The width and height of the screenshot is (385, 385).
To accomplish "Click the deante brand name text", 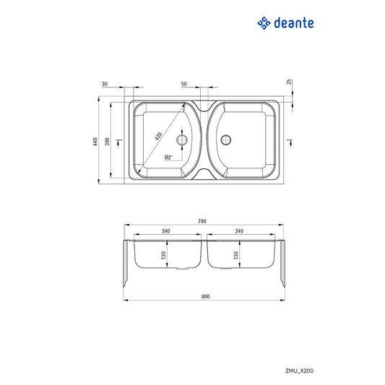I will click(293, 24).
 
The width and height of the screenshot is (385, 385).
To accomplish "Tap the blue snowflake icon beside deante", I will click(264, 24).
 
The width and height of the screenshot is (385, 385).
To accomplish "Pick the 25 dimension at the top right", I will click(289, 82).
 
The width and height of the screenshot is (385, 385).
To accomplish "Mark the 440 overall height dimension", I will click(95, 142).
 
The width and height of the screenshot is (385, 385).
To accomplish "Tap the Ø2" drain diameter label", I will click(168, 157).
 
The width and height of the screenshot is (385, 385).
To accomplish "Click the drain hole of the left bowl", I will click(181, 139).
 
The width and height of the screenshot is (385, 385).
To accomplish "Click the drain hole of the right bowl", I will click(227, 139).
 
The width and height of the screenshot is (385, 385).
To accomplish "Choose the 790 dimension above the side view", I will click(202, 221).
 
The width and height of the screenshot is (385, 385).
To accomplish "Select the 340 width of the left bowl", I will click(166, 231).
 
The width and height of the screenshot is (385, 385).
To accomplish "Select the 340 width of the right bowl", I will click(240, 231).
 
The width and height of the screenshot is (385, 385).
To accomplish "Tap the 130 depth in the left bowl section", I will click(164, 255).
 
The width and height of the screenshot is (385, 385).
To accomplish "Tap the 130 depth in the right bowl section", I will click(236, 255).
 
